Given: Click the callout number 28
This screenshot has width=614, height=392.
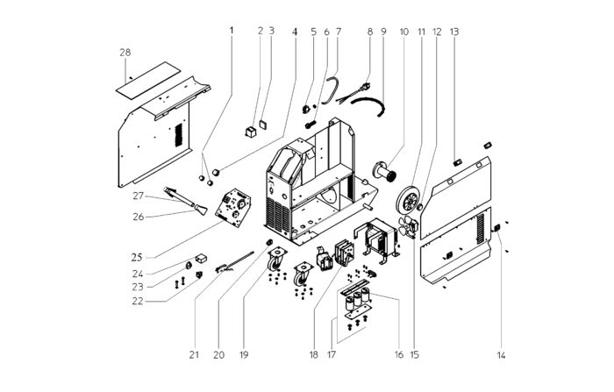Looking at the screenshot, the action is click(125, 53).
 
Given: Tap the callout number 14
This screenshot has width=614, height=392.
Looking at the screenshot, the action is click(501, 355).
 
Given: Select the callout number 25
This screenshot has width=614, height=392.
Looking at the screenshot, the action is click(137, 257).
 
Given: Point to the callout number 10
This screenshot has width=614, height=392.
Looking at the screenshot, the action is click(404, 32).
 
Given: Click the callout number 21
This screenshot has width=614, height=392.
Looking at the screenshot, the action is click(194, 355).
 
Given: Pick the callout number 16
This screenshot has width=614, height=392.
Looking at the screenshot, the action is click(398, 355).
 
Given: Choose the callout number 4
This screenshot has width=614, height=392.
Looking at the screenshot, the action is click(295, 32).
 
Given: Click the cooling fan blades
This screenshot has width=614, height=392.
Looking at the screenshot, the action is click(405, 226).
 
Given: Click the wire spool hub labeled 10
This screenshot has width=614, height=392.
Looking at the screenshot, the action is click(385, 171).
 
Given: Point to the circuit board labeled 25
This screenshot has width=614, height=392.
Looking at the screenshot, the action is click(233, 208).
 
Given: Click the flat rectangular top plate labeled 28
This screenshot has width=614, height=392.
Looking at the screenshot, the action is click(148, 80).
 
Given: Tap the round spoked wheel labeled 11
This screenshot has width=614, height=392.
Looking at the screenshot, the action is click(409, 200).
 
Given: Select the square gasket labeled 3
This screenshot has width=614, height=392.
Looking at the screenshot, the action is click(263, 124).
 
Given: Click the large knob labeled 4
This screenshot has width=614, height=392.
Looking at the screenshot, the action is click(216, 172).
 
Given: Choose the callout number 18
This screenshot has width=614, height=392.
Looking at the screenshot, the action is click(313, 355).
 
